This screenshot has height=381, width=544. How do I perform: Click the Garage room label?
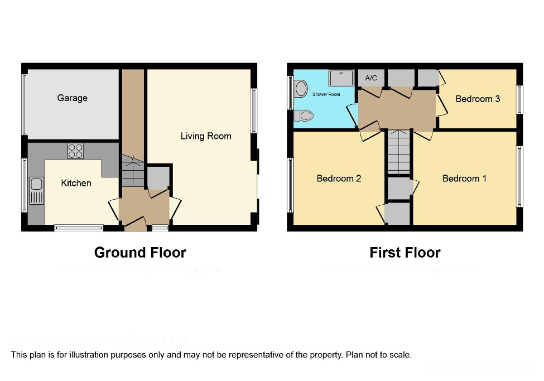tap(72, 98)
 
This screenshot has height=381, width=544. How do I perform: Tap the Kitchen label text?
tap(76, 183)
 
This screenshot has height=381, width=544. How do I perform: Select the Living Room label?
tap(205, 136)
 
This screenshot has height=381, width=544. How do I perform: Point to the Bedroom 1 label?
tap(464, 179)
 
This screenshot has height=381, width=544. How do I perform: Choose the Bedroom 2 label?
tap(339, 179)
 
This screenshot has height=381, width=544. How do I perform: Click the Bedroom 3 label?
tap(478, 99)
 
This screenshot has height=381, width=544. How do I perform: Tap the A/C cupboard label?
tap(371, 79)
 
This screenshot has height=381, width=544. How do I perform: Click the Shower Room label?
tap(326, 94)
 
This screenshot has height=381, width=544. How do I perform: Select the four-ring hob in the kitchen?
tap(75, 151)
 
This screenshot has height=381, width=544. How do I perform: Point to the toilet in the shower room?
tap(304, 115)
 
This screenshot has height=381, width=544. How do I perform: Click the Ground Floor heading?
tap(140, 253)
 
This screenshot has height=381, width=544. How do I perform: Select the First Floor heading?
tap(405, 253)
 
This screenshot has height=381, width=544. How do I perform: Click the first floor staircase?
tap(398, 152)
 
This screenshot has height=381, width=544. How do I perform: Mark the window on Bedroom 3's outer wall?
tap(519, 99)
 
